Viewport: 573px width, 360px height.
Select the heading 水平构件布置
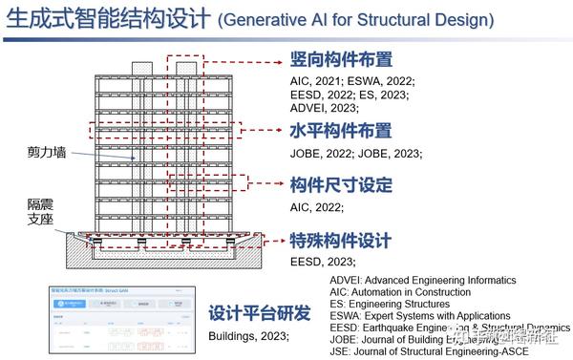340,131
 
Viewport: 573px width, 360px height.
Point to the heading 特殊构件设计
340,240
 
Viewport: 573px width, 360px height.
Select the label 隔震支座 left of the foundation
42,212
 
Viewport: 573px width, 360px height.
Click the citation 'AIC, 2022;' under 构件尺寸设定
317,206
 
